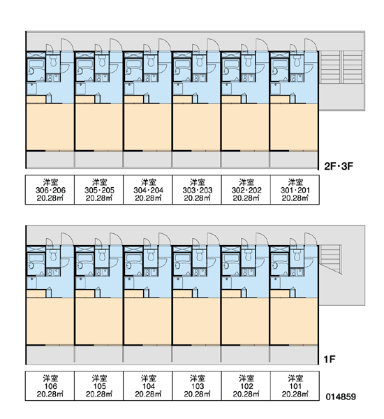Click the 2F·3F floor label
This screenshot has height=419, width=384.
[339, 166]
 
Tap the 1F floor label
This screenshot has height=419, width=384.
[330, 360]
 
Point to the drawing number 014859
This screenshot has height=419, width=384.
[341, 397]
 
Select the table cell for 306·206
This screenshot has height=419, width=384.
[50, 190]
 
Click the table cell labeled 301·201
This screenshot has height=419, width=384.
[295, 190]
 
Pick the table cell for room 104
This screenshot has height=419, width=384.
[148, 386]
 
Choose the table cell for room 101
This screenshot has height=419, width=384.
[295, 386]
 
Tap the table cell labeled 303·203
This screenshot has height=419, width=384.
[197, 190]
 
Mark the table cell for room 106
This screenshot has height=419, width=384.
[50, 386]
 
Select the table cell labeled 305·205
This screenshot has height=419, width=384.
[99, 190]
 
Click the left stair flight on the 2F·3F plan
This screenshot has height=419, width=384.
[330, 67]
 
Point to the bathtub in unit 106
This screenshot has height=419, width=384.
[36, 258]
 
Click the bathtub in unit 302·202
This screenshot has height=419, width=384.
[231, 64]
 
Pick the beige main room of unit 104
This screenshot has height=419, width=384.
[148, 321]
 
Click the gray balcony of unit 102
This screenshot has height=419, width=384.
[246, 355]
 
